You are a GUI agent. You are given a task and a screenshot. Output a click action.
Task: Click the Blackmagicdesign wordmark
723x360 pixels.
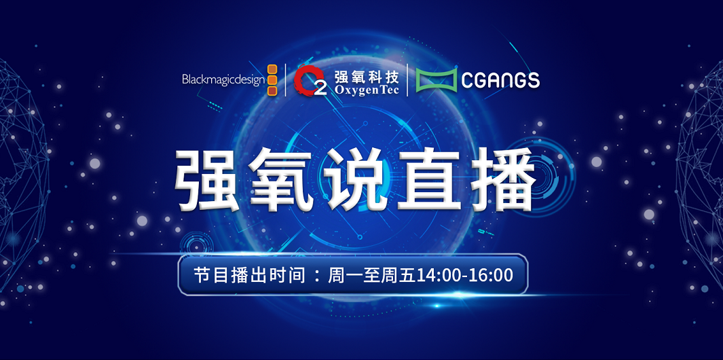click(223, 80)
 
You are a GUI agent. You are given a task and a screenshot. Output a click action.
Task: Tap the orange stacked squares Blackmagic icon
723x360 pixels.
click(272, 80)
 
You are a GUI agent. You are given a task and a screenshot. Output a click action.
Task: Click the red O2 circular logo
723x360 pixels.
click(310, 80)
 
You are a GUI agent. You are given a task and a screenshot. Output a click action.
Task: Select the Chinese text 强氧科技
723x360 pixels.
click(367, 74)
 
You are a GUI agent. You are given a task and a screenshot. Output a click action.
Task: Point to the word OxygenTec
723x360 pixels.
click(367, 90)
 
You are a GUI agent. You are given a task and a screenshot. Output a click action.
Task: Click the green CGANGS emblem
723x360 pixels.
click(437, 80)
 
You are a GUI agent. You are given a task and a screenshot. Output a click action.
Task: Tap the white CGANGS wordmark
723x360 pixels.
click(500, 80)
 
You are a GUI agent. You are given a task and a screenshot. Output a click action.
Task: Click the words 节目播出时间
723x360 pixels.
click(249, 276)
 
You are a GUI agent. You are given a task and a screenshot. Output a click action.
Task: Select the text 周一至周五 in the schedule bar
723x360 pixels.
click(372, 276)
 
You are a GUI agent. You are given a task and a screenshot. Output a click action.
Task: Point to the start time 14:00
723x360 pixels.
click(441, 276)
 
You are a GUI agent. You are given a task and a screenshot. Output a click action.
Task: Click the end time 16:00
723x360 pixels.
click(492, 276)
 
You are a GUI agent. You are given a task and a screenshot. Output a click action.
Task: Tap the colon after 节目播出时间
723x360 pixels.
click(316, 276)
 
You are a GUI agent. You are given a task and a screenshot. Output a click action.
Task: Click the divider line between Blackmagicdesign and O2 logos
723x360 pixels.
click(285, 80)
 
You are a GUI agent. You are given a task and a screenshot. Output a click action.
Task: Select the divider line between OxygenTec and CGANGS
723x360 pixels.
click(407, 80)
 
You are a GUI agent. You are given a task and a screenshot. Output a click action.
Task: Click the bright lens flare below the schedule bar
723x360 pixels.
click(437, 305)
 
